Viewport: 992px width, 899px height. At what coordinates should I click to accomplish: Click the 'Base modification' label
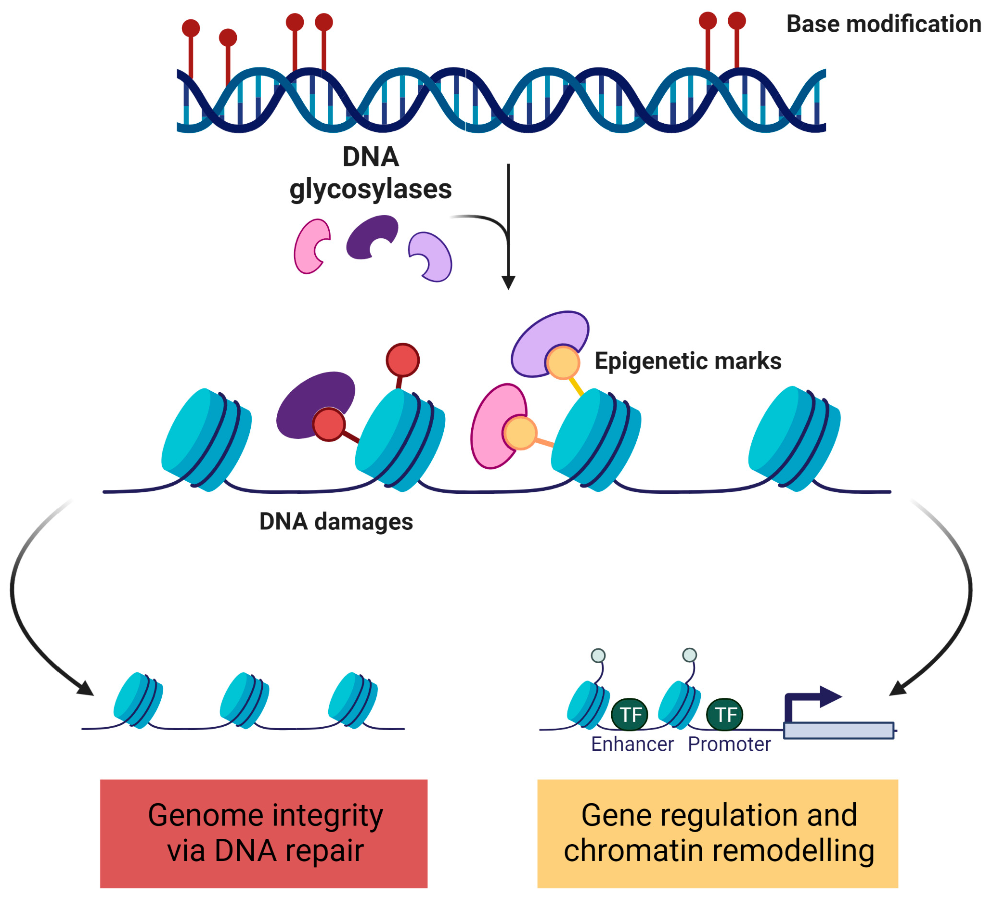(x=883, y=24)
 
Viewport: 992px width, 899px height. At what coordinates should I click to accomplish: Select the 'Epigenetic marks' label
(x=688, y=360)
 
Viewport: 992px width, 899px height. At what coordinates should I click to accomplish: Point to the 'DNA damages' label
(x=336, y=521)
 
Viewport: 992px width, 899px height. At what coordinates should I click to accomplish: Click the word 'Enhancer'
(x=632, y=744)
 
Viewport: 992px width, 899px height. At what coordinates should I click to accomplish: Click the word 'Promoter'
(x=729, y=744)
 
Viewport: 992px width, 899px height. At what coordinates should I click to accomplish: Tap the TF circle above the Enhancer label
(x=630, y=715)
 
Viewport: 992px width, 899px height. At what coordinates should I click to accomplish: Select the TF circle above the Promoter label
(x=724, y=715)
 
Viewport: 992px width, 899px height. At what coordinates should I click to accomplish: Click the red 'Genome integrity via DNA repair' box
(x=264, y=834)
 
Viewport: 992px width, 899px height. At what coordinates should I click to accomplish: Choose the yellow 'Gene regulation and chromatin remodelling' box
(x=718, y=834)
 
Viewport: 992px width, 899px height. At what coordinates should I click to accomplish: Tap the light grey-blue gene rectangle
(x=838, y=730)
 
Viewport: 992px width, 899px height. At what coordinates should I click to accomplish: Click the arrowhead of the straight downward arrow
(x=508, y=283)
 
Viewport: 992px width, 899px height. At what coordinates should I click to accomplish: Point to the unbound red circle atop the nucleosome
(x=402, y=360)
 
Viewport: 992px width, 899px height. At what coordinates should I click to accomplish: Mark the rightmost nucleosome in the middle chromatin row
(x=794, y=438)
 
